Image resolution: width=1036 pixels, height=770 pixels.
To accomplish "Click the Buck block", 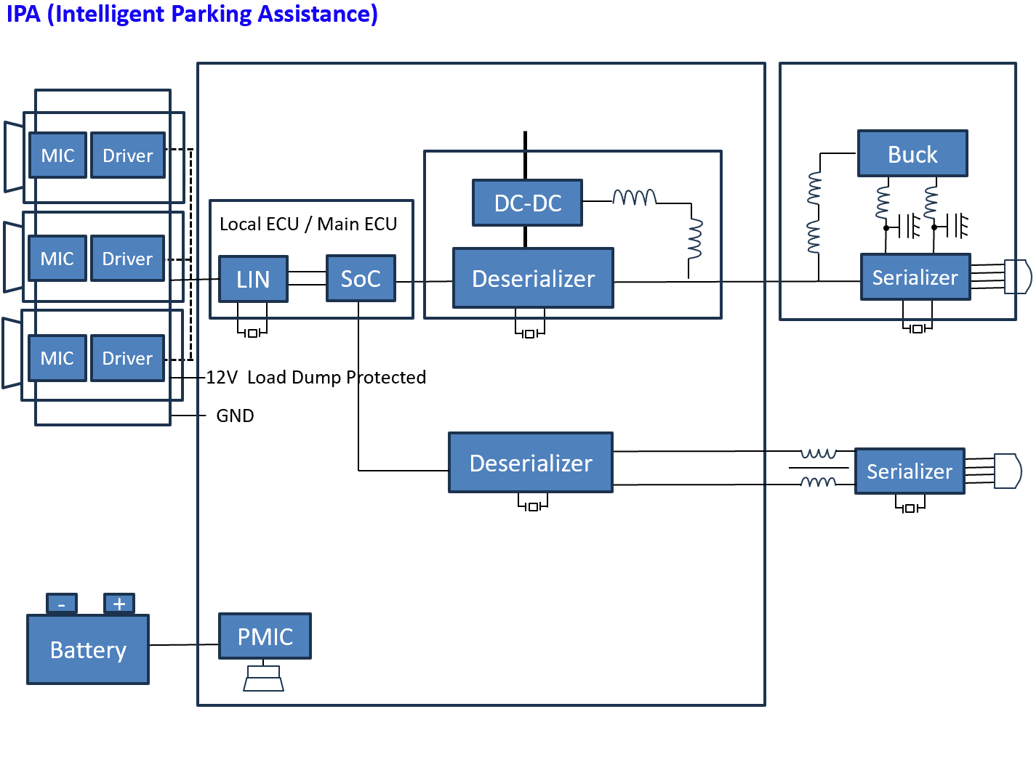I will tap(912, 154).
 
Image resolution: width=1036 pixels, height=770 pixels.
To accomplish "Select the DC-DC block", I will tap(528, 203).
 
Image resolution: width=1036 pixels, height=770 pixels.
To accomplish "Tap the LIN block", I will tap(253, 279).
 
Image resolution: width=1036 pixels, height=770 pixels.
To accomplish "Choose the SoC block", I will tap(361, 278).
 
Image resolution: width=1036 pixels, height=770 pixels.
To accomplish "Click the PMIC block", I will tap(265, 636).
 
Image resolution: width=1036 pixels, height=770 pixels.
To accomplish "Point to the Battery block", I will tap(88, 650).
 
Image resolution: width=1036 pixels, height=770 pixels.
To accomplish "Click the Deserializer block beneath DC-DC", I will tap(533, 278).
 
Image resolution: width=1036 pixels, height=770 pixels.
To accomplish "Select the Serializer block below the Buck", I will tap(915, 277).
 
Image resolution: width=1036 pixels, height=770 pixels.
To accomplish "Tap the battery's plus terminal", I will tap(119, 604).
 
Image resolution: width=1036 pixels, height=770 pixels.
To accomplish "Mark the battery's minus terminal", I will tap(62, 604).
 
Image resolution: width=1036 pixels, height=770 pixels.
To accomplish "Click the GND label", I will tap(235, 416).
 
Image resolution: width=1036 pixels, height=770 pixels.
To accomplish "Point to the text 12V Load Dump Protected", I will tap(316, 378).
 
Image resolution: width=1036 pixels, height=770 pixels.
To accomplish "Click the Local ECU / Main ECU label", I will tap(308, 224).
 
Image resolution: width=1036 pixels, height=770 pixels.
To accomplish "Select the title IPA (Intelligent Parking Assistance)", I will tap(192, 14).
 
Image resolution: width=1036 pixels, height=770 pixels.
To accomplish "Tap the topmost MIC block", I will tap(58, 155).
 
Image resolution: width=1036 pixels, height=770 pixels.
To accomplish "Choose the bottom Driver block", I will tap(127, 358).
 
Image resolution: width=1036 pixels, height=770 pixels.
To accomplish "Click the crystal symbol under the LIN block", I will tap(252, 333).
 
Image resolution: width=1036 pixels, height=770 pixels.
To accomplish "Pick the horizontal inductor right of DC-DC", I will tap(635, 198).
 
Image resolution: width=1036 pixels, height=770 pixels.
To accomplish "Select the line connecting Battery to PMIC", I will tap(184, 644).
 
